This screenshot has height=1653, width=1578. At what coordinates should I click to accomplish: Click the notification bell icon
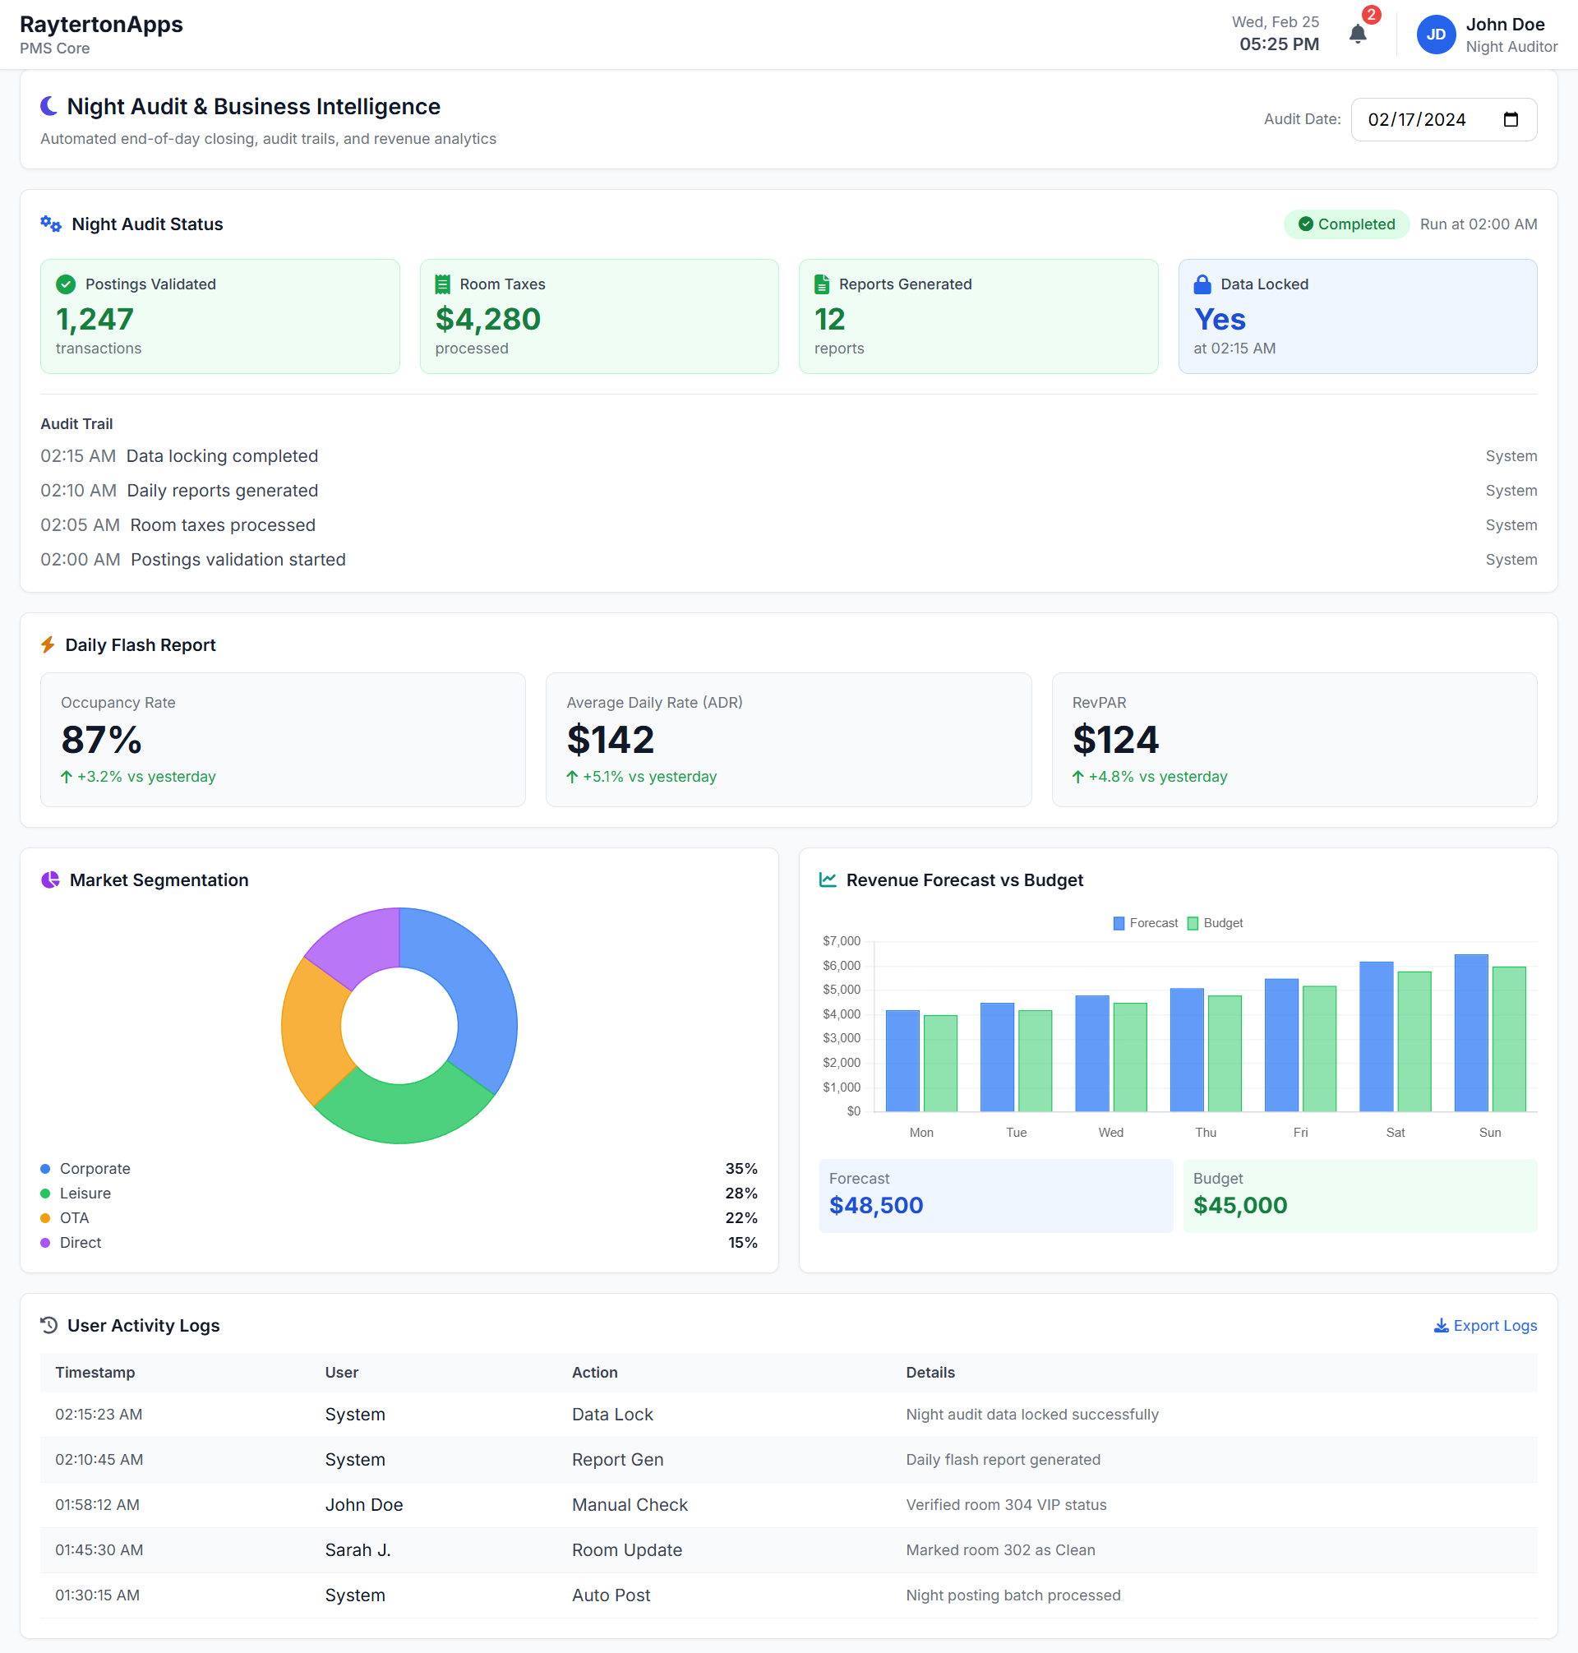click(1357, 35)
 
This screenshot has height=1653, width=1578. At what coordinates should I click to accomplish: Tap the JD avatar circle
click(1435, 35)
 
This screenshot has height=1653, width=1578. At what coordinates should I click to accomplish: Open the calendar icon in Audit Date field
click(1510, 119)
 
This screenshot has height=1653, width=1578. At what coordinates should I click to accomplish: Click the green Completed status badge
click(1346, 224)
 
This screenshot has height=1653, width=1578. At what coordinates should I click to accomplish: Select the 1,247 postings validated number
click(95, 320)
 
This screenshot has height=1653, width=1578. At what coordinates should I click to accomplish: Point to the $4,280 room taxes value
click(487, 320)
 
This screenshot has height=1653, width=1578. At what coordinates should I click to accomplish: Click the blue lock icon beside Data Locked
click(1202, 284)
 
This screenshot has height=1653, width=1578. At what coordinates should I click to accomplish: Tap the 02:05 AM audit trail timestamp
click(80, 525)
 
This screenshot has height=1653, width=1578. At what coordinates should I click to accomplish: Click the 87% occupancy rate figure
click(101, 741)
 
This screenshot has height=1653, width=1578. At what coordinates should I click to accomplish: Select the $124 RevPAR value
click(1114, 741)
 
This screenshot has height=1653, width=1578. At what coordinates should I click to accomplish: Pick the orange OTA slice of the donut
click(313, 1031)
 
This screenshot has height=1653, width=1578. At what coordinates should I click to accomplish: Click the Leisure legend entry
click(85, 1193)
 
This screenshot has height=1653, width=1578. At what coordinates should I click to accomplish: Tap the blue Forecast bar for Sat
click(1376, 1037)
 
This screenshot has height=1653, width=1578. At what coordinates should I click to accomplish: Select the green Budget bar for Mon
click(939, 1064)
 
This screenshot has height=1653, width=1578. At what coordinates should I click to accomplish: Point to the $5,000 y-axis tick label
click(841, 990)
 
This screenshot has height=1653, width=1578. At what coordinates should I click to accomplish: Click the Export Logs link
click(1484, 1325)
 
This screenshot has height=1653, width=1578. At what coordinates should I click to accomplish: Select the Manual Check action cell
click(630, 1505)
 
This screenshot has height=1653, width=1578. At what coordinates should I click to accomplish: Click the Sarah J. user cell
click(358, 1549)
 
